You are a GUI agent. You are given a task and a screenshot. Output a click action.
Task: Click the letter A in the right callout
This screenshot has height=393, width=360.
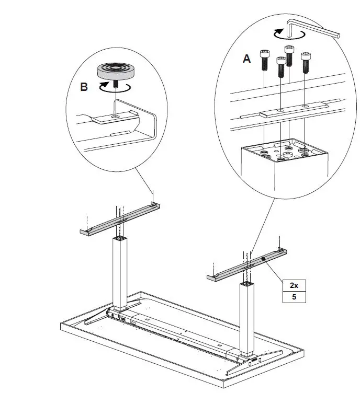[246, 59]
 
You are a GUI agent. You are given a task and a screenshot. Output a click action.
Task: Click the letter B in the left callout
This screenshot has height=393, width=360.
[84, 87]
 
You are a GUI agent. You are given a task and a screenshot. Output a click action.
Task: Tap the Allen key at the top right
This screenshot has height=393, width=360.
[314, 28]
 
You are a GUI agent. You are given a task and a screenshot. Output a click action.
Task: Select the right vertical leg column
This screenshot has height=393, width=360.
[247, 316]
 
